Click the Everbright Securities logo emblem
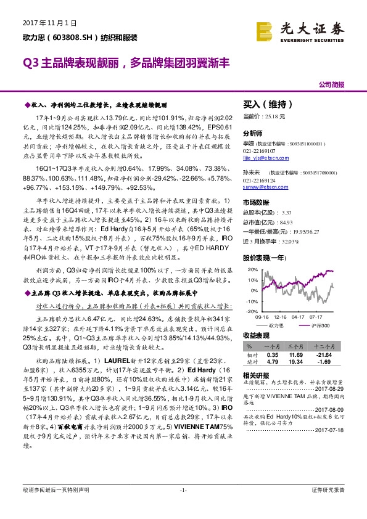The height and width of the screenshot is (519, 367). tap(265, 31)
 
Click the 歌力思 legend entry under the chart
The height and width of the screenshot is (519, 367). tap(276, 325)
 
